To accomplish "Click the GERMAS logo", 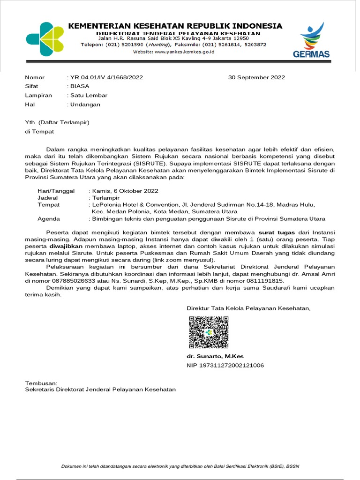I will click(x=311, y=41).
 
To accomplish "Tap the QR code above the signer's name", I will click(x=209, y=332).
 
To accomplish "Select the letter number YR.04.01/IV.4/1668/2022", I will click(x=106, y=77).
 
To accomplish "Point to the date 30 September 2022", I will click(x=256, y=77).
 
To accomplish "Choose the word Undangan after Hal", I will click(x=85, y=105).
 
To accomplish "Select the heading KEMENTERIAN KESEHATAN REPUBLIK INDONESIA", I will click(x=175, y=26).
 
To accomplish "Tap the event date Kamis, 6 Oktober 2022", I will click(x=125, y=191).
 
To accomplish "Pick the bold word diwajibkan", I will click(x=66, y=246).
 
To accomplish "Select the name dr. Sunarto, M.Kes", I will click(x=215, y=356).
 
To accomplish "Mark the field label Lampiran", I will click(x=38, y=95).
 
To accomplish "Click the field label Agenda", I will click(x=49, y=218).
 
